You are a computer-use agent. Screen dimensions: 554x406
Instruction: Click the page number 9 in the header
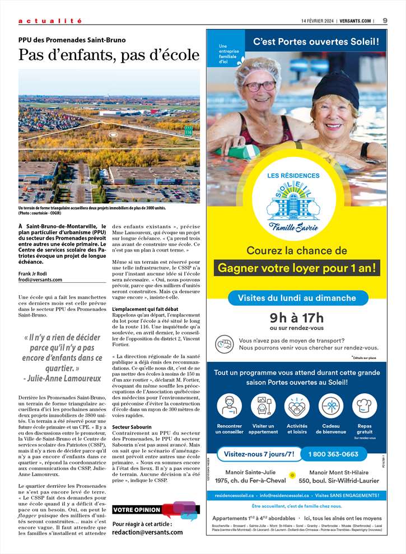pos(385,21)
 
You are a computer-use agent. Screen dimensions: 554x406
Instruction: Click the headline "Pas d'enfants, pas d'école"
pos(109,55)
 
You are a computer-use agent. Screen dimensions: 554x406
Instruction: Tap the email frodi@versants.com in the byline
pos(40,280)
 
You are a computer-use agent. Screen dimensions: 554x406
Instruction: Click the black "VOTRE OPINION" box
pos(137,510)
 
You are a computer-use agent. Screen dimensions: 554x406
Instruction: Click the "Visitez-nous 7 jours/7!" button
pos(259,454)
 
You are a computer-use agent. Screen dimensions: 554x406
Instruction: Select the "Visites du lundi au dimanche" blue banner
pos(297,298)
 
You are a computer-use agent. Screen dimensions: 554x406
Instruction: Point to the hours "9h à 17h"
pos(297,318)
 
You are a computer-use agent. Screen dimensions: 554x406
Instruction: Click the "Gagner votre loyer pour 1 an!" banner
pos(297,268)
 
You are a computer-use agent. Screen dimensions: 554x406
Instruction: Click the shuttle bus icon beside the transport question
pos(225,343)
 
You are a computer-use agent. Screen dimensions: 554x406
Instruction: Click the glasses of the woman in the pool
pos(260,86)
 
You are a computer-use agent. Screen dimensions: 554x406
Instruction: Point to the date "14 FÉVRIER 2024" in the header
pos(316,21)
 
